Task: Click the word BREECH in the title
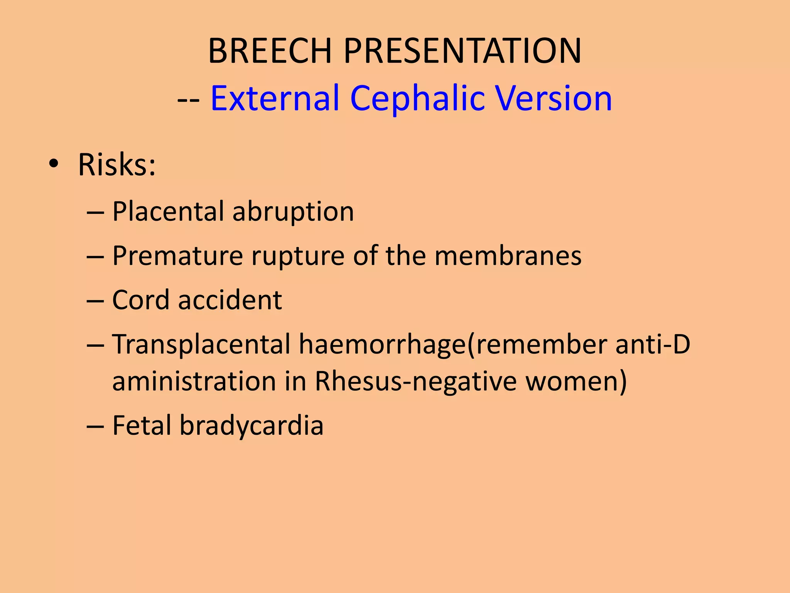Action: pyautogui.click(x=270, y=51)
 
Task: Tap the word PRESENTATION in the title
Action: pyautogui.click(x=462, y=51)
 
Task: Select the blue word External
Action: pyautogui.click(x=275, y=98)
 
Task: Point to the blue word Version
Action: pyautogui.click(x=554, y=98)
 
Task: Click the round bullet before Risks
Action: pyautogui.click(x=54, y=165)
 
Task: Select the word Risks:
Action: pyautogui.click(x=117, y=165)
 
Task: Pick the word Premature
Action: pyautogui.click(x=177, y=256)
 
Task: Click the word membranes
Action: pyautogui.click(x=508, y=256)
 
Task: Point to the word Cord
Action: pyautogui.click(x=140, y=300)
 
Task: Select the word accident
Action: pyautogui.click(x=230, y=300)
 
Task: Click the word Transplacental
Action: pyautogui.click(x=201, y=344)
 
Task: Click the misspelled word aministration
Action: pyautogui.click(x=194, y=381)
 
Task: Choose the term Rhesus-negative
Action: pyautogui.click(x=416, y=381)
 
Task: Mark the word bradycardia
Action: pyautogui.click(x=251, y=425)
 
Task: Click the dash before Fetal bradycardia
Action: pyautogui.click(x=95, y=426)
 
